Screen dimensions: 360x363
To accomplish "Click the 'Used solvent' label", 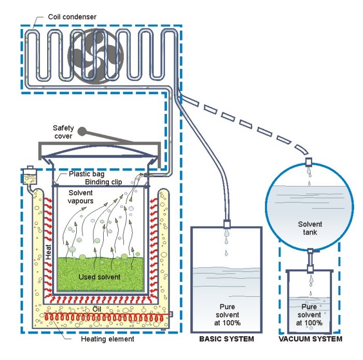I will click(99, 277).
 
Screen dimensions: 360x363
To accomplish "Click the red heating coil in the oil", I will click(104, 316).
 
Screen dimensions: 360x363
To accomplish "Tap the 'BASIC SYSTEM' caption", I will click(227, 340).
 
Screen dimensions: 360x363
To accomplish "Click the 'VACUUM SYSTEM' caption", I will click(310, 339).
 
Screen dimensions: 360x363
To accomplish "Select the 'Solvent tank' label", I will click(310, 228).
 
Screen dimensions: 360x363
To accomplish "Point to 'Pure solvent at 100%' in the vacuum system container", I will click(310, 314).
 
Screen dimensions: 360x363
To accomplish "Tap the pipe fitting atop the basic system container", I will click(227, 224).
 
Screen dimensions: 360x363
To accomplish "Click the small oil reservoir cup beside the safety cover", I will click(31, 176).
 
